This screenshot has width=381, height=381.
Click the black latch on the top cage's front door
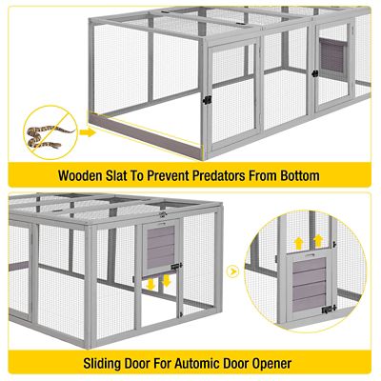point(205,99)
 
